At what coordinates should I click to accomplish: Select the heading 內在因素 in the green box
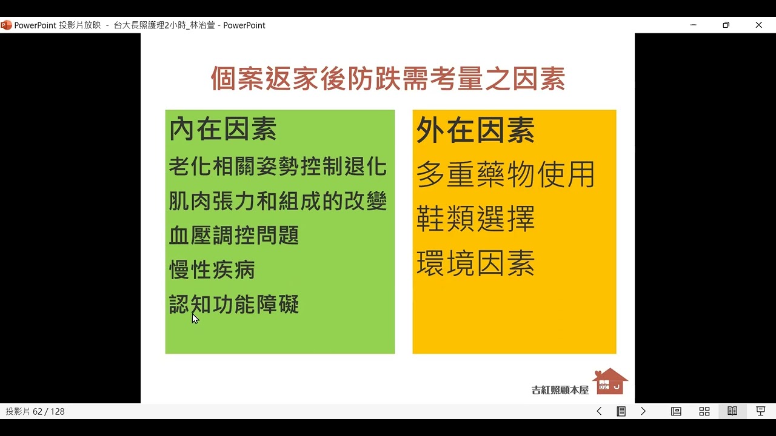(x=222, y=130)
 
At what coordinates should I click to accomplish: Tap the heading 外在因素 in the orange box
(x=475, y=130)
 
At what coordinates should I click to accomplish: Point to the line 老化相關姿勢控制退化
(x=278, y=167)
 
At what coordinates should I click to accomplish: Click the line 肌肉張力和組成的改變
(x=278, y=201)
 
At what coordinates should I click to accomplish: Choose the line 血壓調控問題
(x=234, y=236)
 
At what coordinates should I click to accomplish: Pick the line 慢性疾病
(x=212, y=270)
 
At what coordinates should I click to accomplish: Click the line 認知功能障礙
(x=234, y=305)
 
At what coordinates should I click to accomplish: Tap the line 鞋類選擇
(x=475, y=219)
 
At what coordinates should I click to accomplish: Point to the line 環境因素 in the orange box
(x=475, y=263)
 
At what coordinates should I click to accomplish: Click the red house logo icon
(x=609, y=381)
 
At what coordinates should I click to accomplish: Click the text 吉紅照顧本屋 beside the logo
(x=560, y=390)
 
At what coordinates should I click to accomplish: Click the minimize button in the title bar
(x=694, y=25)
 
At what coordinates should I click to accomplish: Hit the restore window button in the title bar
(x=726, y=25)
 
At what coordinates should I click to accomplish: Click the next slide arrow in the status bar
(x=643, y=411)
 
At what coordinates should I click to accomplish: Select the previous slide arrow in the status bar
(x=599, y=411)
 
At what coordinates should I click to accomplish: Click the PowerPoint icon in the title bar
(x=6, y=25)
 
